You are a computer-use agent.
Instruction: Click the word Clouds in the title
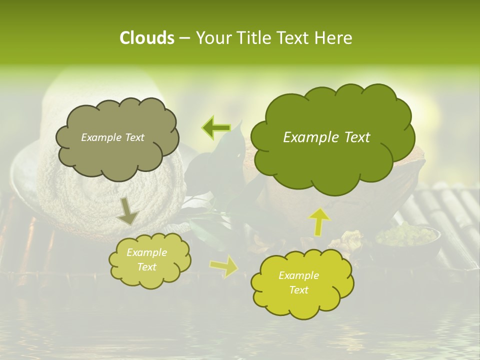click(x=146, y=38)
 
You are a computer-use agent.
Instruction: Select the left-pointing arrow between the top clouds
click(x=216, y=128)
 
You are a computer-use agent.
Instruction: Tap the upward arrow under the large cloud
click(x=320, y=221)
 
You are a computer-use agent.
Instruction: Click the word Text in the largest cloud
click(x=357, y=137)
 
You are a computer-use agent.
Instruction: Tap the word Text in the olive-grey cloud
click(x=134, y=137)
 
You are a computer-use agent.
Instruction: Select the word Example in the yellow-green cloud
click(x=298, y=275)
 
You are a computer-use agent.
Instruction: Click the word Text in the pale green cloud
click(x=146, y=267)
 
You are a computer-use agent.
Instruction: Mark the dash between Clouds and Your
click(x=184, y=38)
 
